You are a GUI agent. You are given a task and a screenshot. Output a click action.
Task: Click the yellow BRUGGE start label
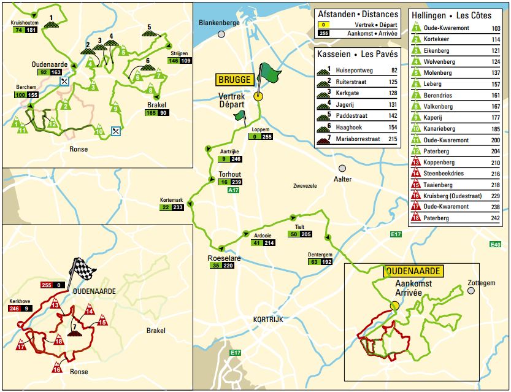tap(234, 80)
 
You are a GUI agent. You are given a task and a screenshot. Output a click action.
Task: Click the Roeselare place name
tap(224, 259)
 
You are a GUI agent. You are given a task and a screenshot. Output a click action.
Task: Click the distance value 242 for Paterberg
tap(496, 218)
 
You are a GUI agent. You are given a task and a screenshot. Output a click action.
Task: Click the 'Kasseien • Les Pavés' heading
tap(357, 54)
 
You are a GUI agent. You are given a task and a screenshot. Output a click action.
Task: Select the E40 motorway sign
tap(496, 245)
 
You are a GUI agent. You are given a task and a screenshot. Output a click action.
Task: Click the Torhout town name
tap(229, 174)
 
